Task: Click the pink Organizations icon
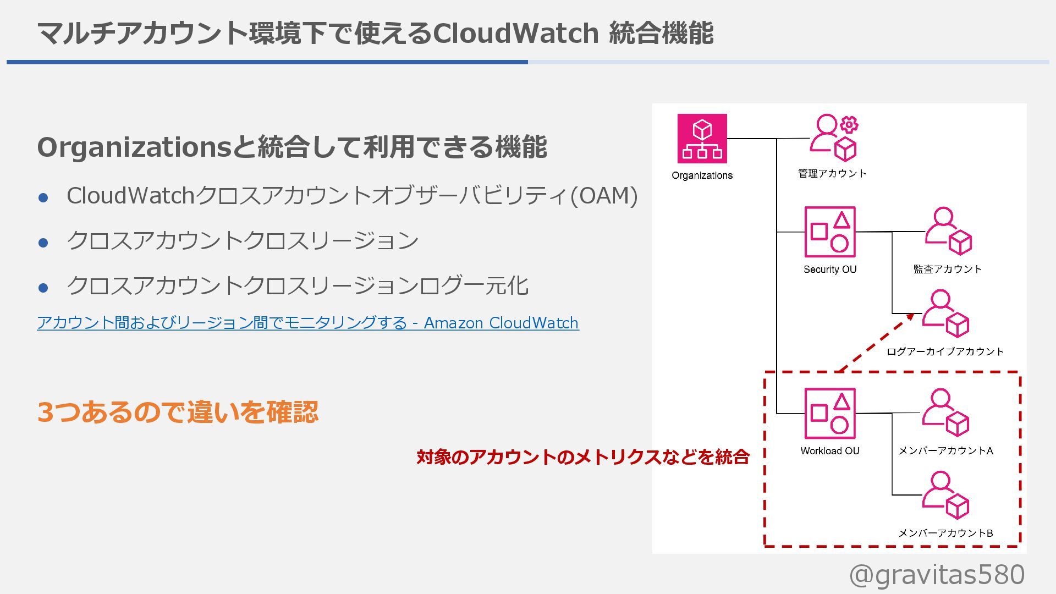tap(702, 139)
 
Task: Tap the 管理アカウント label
tap(832, 174)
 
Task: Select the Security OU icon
tap(829, 232)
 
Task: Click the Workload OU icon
tap(829, 413)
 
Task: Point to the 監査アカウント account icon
tap(948, 231)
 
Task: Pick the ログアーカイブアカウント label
tap(945, 352)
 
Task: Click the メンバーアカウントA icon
tap(945, 413)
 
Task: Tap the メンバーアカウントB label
tap(945, 533)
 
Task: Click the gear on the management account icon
tap(849, 125)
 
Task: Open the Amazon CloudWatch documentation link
tap(307, 323)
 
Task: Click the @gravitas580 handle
tap(937, 575)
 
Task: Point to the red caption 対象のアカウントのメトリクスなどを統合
tap(583, 457)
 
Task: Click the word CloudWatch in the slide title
tap(516, 33)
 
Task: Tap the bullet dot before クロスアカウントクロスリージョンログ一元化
tap(43, 287)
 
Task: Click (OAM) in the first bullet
tap(604, 196)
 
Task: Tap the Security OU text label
tap(829, 269)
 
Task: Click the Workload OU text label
tap(829, 451)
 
